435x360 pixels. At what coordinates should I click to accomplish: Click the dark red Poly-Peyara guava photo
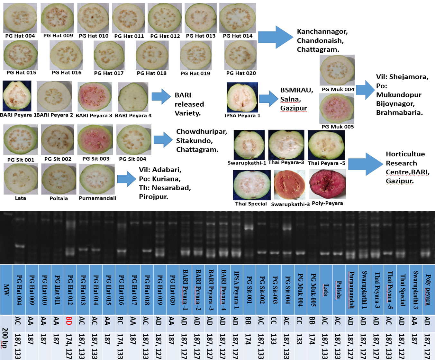point(327,184)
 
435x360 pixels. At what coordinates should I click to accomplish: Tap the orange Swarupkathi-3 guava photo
point(289,185)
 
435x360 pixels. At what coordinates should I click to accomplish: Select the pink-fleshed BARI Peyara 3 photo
point(95,97)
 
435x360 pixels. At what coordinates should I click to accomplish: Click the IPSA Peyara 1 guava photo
point(242,97)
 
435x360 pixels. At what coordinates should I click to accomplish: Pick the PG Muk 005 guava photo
point(337,108)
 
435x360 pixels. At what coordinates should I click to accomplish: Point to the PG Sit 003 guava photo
point(95,140)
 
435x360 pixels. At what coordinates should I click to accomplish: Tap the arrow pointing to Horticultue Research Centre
point(365,164)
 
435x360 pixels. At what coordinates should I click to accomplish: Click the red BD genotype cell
point(69,321)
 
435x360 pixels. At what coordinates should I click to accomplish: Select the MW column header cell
point(6,289)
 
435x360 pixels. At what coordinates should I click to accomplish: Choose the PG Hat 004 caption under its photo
point(20,36)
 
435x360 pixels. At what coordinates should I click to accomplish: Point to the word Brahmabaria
point(399,113)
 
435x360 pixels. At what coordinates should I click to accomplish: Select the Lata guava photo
point(21,179)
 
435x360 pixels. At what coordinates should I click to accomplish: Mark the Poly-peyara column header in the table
point(428,290)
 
